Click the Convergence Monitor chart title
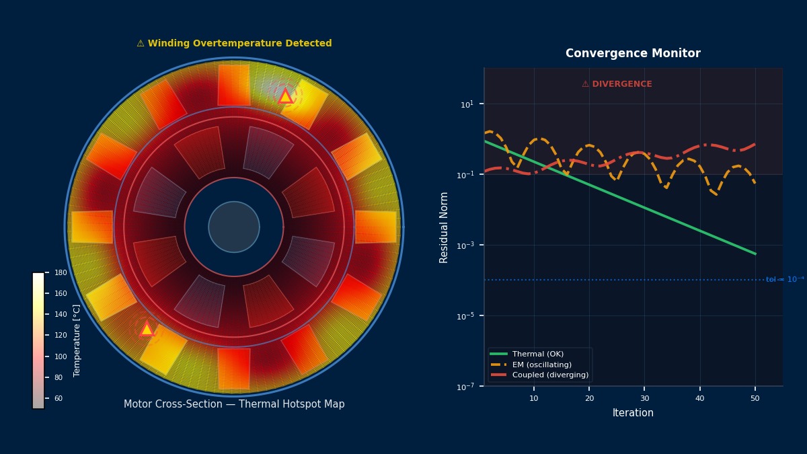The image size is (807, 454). point(633,54)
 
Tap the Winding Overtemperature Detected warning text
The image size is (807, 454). point(234,44)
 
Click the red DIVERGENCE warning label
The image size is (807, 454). point(617,84)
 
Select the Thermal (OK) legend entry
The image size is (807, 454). point(537,354)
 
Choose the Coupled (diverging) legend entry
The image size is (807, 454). point(549,375)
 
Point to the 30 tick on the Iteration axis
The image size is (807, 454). point(644,398)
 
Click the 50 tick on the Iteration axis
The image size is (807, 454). point(755,398)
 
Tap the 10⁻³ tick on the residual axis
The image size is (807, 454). point(467,245)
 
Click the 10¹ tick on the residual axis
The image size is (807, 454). point(467,104)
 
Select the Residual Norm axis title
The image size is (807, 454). point(445,227)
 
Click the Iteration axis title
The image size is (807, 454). point(633,413)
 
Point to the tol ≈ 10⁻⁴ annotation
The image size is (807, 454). point(784,280)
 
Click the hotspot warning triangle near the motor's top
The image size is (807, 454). point(285,97)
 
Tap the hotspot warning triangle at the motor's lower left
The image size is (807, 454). point(147,330)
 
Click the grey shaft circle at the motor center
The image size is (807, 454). point(234,227)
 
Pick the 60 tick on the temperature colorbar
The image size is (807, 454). point(59,399)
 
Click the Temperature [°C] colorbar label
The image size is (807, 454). point(77,340)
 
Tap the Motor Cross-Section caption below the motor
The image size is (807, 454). point(234,404)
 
